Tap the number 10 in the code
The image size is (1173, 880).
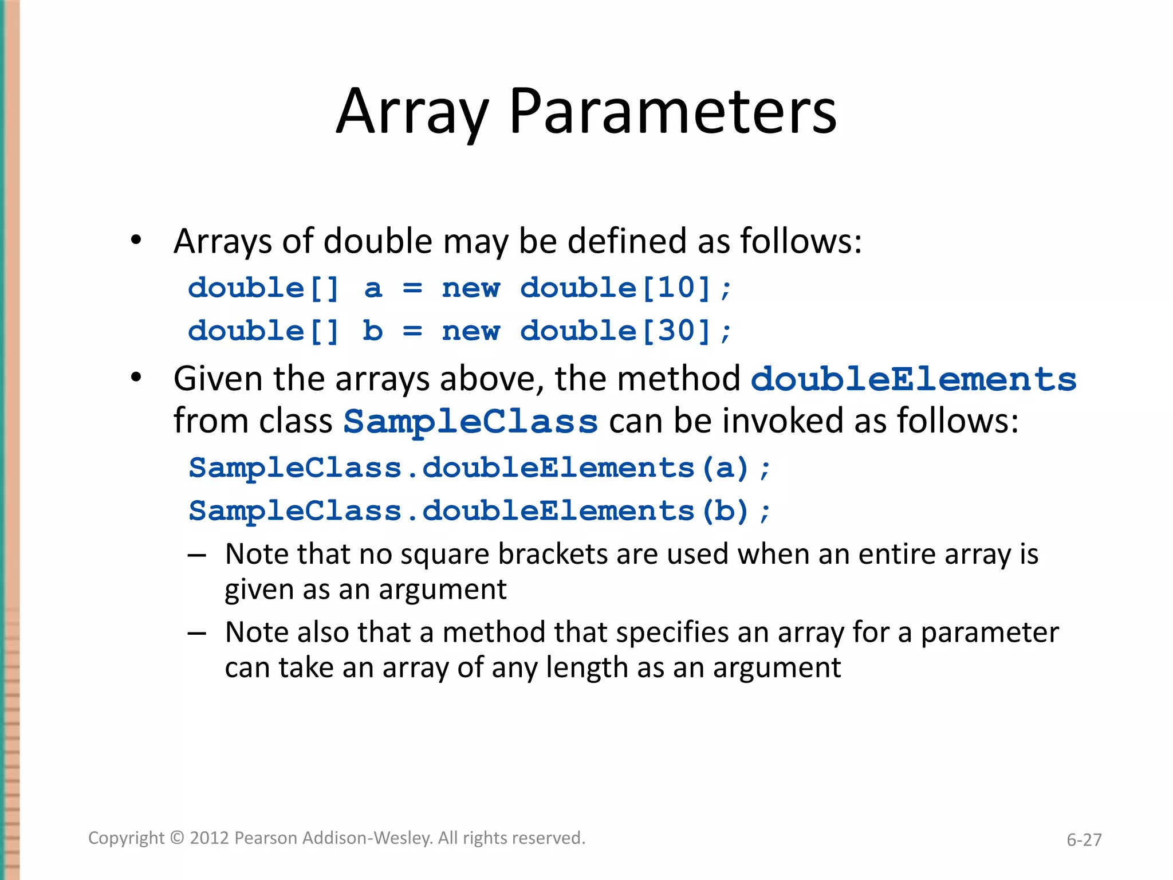(x=676, y=288)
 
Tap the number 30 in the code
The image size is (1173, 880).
(x=676, y=331)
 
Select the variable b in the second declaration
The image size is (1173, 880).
(x=373, y=331)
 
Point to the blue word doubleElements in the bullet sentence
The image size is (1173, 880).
(x=914, y=380)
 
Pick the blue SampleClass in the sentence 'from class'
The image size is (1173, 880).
(x=471, y=422)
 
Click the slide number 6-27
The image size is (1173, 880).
(x=1084, y=840)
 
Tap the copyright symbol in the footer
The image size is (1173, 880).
(x=178, y=838)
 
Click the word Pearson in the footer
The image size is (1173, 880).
(x=266, y=838)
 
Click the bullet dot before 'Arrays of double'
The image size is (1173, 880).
(x=136, y=240)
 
